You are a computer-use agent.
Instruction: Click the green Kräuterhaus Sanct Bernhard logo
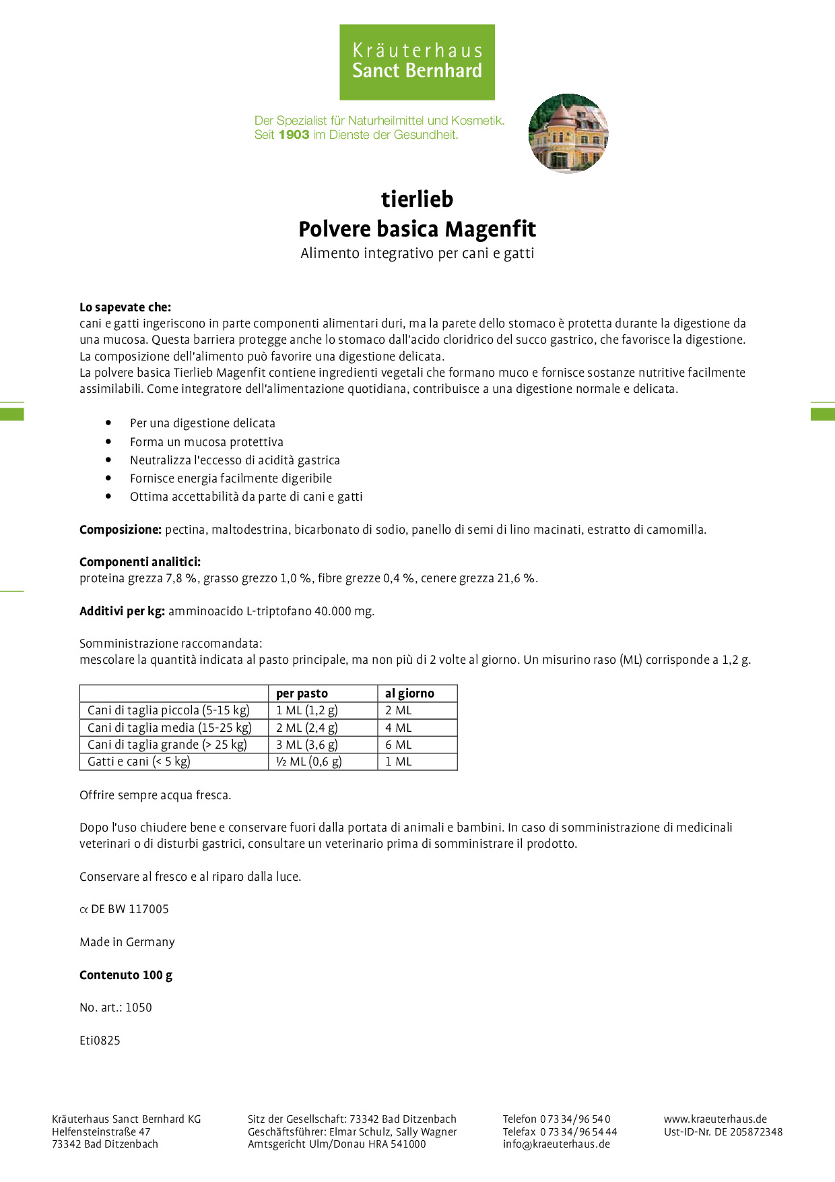(x=417, y=62)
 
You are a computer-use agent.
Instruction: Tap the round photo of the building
(x=568, y=133)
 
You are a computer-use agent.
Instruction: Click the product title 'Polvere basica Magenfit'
(x=417, y=229)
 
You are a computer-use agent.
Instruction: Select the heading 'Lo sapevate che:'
(x=125, y=307)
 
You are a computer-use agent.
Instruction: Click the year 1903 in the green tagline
(x=294, y=135)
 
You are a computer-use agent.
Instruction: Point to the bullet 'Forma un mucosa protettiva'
(x=207, y=442)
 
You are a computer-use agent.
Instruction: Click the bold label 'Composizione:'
(x=121, y=530)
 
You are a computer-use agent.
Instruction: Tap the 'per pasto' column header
(x=302, y=693)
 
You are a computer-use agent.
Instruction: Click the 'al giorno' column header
(x=409, y=693)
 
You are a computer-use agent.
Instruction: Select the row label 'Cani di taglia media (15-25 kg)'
(x=170, y=728)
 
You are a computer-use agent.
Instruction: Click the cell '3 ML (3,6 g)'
(x=307, y=745)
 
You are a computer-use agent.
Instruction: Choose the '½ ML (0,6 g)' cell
(x=309, y=761)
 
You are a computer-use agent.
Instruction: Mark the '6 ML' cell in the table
(x=398, y=745)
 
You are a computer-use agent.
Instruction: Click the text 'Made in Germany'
(x=127, y=942)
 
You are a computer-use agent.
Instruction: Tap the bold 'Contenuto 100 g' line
(x=126, y=975)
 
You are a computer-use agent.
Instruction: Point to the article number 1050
(x=139, y=1007)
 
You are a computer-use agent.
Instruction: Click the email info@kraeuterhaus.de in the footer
(x=556, y=1144)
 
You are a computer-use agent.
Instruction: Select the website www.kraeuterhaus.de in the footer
(x=715, y=1119)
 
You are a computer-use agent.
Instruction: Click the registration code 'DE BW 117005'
(x=130, y=909)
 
